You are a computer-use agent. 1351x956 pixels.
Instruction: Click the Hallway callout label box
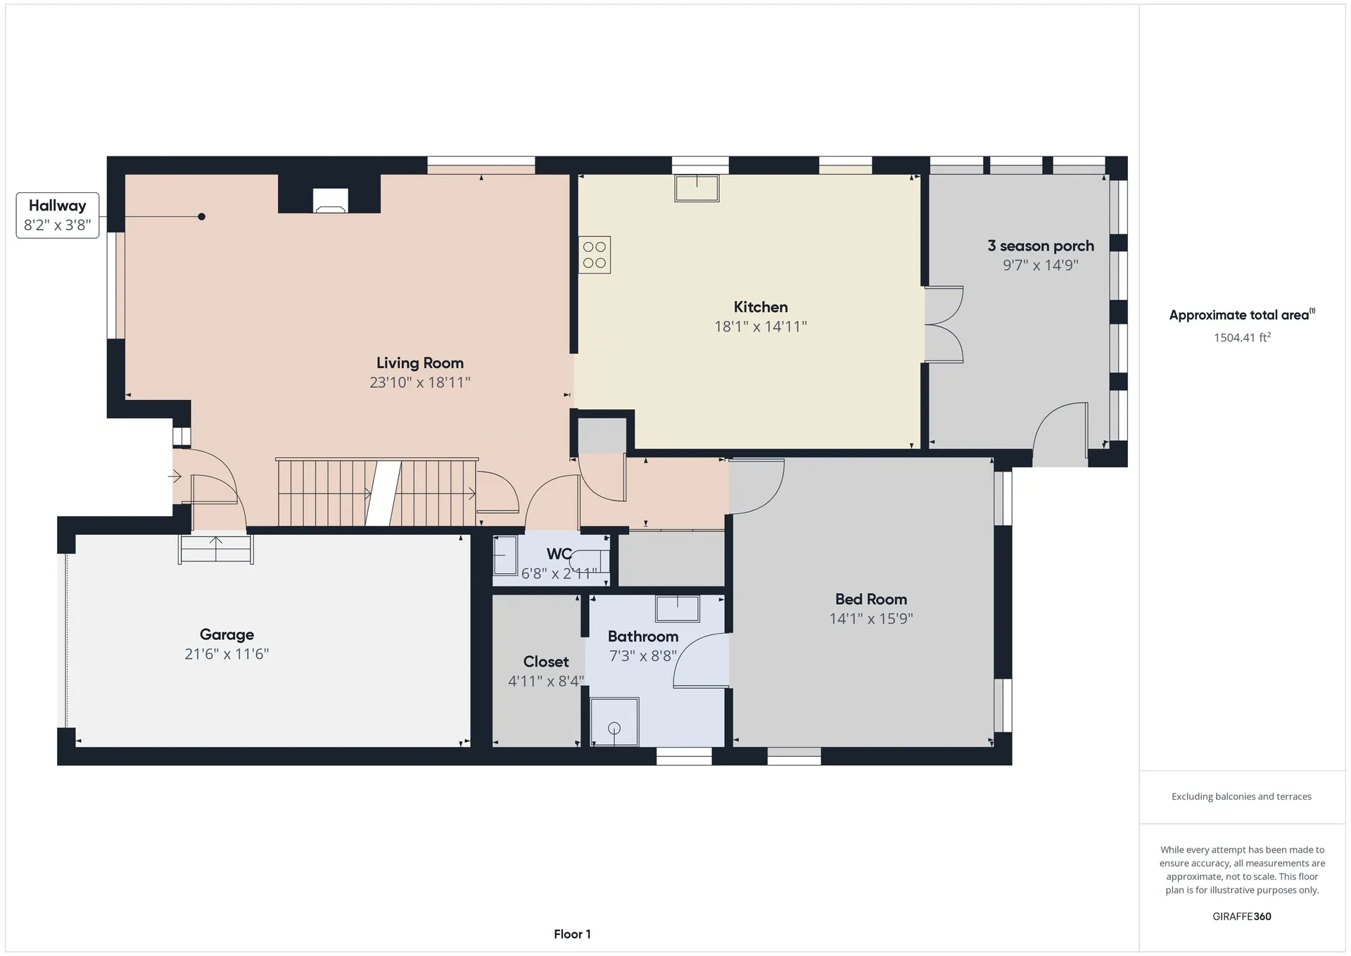coord(58,215)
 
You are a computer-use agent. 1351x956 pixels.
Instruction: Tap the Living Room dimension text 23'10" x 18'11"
coord(420,382)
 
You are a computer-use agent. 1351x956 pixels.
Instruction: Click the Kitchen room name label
coord(761,307)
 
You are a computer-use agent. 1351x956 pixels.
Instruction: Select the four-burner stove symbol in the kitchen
coord(595,255)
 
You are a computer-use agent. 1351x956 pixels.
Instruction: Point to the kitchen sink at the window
coord(697,188)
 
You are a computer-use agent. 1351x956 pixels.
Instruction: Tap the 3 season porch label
coord(1041,246)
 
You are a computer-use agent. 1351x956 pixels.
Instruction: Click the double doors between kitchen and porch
coord(944,325)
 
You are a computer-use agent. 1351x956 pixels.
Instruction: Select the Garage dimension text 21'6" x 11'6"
coord(227,654)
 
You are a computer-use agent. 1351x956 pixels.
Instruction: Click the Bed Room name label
coord(871,599)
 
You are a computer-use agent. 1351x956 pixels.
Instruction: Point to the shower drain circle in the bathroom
coord(614,729)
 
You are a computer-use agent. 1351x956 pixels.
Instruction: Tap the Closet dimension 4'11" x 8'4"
coord(546,681)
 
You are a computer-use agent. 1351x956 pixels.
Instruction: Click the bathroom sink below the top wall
coord(678,609)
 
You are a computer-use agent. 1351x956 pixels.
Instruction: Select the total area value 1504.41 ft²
coord(1242,337)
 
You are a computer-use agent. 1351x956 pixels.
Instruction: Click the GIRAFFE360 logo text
coord(1242,917)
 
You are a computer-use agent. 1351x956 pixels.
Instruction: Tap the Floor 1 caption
coord(572,934)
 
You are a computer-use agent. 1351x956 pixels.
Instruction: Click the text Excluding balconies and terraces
coord(1241,797)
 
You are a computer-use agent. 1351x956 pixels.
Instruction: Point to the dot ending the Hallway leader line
coord(201,217)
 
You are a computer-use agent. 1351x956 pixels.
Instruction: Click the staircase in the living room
coord(377,493)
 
